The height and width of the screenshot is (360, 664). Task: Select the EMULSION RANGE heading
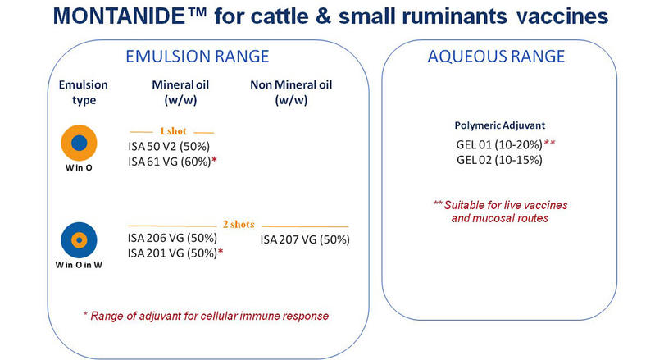pos(198,57)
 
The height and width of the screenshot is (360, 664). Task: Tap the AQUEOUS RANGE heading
pos(496,57)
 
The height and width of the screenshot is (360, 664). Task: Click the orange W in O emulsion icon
pos(80,144)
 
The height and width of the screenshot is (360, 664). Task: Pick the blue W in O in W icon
pos(80,240)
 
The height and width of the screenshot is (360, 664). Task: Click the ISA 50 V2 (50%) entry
pos(169,147)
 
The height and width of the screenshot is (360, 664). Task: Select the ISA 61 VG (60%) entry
pos(170,162)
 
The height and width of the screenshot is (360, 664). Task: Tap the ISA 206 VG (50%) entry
pos(172,238)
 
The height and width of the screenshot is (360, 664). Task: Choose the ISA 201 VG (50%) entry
pos(172,253)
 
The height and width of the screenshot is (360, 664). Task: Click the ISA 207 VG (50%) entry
pos(305,239)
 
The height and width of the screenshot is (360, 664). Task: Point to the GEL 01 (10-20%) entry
pos(499,145)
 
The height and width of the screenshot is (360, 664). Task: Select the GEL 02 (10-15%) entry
pos(499,160)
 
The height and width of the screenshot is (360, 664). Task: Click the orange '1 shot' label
pos(173,131)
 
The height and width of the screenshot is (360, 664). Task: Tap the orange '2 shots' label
pos(239,225)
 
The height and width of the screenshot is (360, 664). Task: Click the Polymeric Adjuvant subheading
pos(500,125)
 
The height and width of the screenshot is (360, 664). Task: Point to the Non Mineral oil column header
pos(291,93)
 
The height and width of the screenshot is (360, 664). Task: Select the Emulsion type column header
pos(84,93)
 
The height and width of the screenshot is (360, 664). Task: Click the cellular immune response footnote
pos(206,316)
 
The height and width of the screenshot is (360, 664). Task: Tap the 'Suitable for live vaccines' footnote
pos(500,212)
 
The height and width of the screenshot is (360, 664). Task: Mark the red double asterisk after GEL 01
pos(550,143)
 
